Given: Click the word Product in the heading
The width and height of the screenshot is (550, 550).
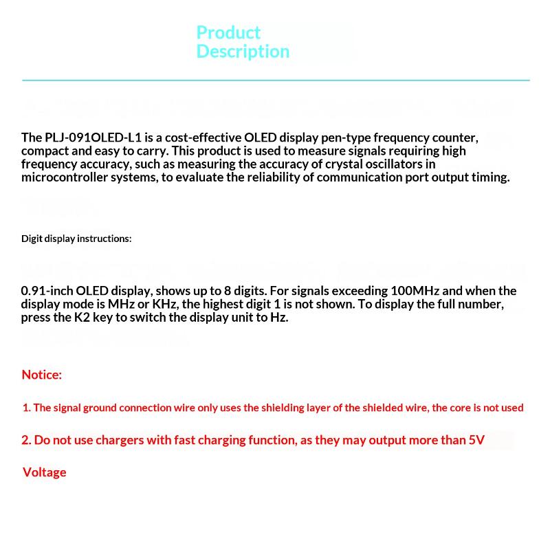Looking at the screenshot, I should pos(228,33).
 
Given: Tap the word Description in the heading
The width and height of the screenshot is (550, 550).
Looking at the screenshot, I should pos(243,52).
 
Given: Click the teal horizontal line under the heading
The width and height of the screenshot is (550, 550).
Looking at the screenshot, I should pos(275,80).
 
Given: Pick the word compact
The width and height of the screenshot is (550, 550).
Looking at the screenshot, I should pos(43,151).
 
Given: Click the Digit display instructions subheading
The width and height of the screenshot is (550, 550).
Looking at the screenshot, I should pos(76,239).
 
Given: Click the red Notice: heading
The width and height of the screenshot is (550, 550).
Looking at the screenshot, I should pos(42,375).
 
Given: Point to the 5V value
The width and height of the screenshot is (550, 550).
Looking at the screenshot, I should pos(476,440).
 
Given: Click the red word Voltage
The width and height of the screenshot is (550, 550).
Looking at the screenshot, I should pos(45,472).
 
